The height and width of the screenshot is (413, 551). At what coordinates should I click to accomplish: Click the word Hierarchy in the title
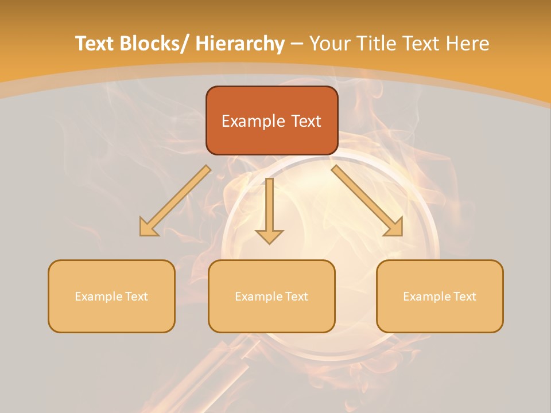[240, 44]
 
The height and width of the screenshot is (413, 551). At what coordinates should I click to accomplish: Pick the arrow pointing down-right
[367, 201]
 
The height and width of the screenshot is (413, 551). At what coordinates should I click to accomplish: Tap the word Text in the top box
[305, 121]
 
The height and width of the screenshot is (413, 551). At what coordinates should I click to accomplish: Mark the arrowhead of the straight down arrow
[269, 236]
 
